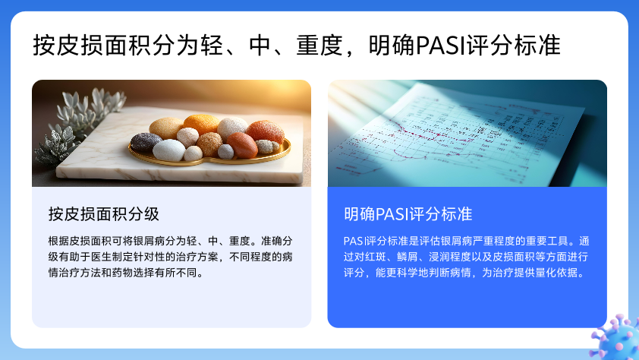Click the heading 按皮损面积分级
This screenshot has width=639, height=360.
click(103, 214)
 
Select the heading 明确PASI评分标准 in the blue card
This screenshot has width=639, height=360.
click(408, 214)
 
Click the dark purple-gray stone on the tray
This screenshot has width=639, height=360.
click(145, 142)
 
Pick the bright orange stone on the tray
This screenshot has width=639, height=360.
click(202, 124)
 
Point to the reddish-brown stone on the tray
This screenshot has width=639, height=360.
click(243, 145)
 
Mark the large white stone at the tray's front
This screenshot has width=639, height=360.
click(168, 150)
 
